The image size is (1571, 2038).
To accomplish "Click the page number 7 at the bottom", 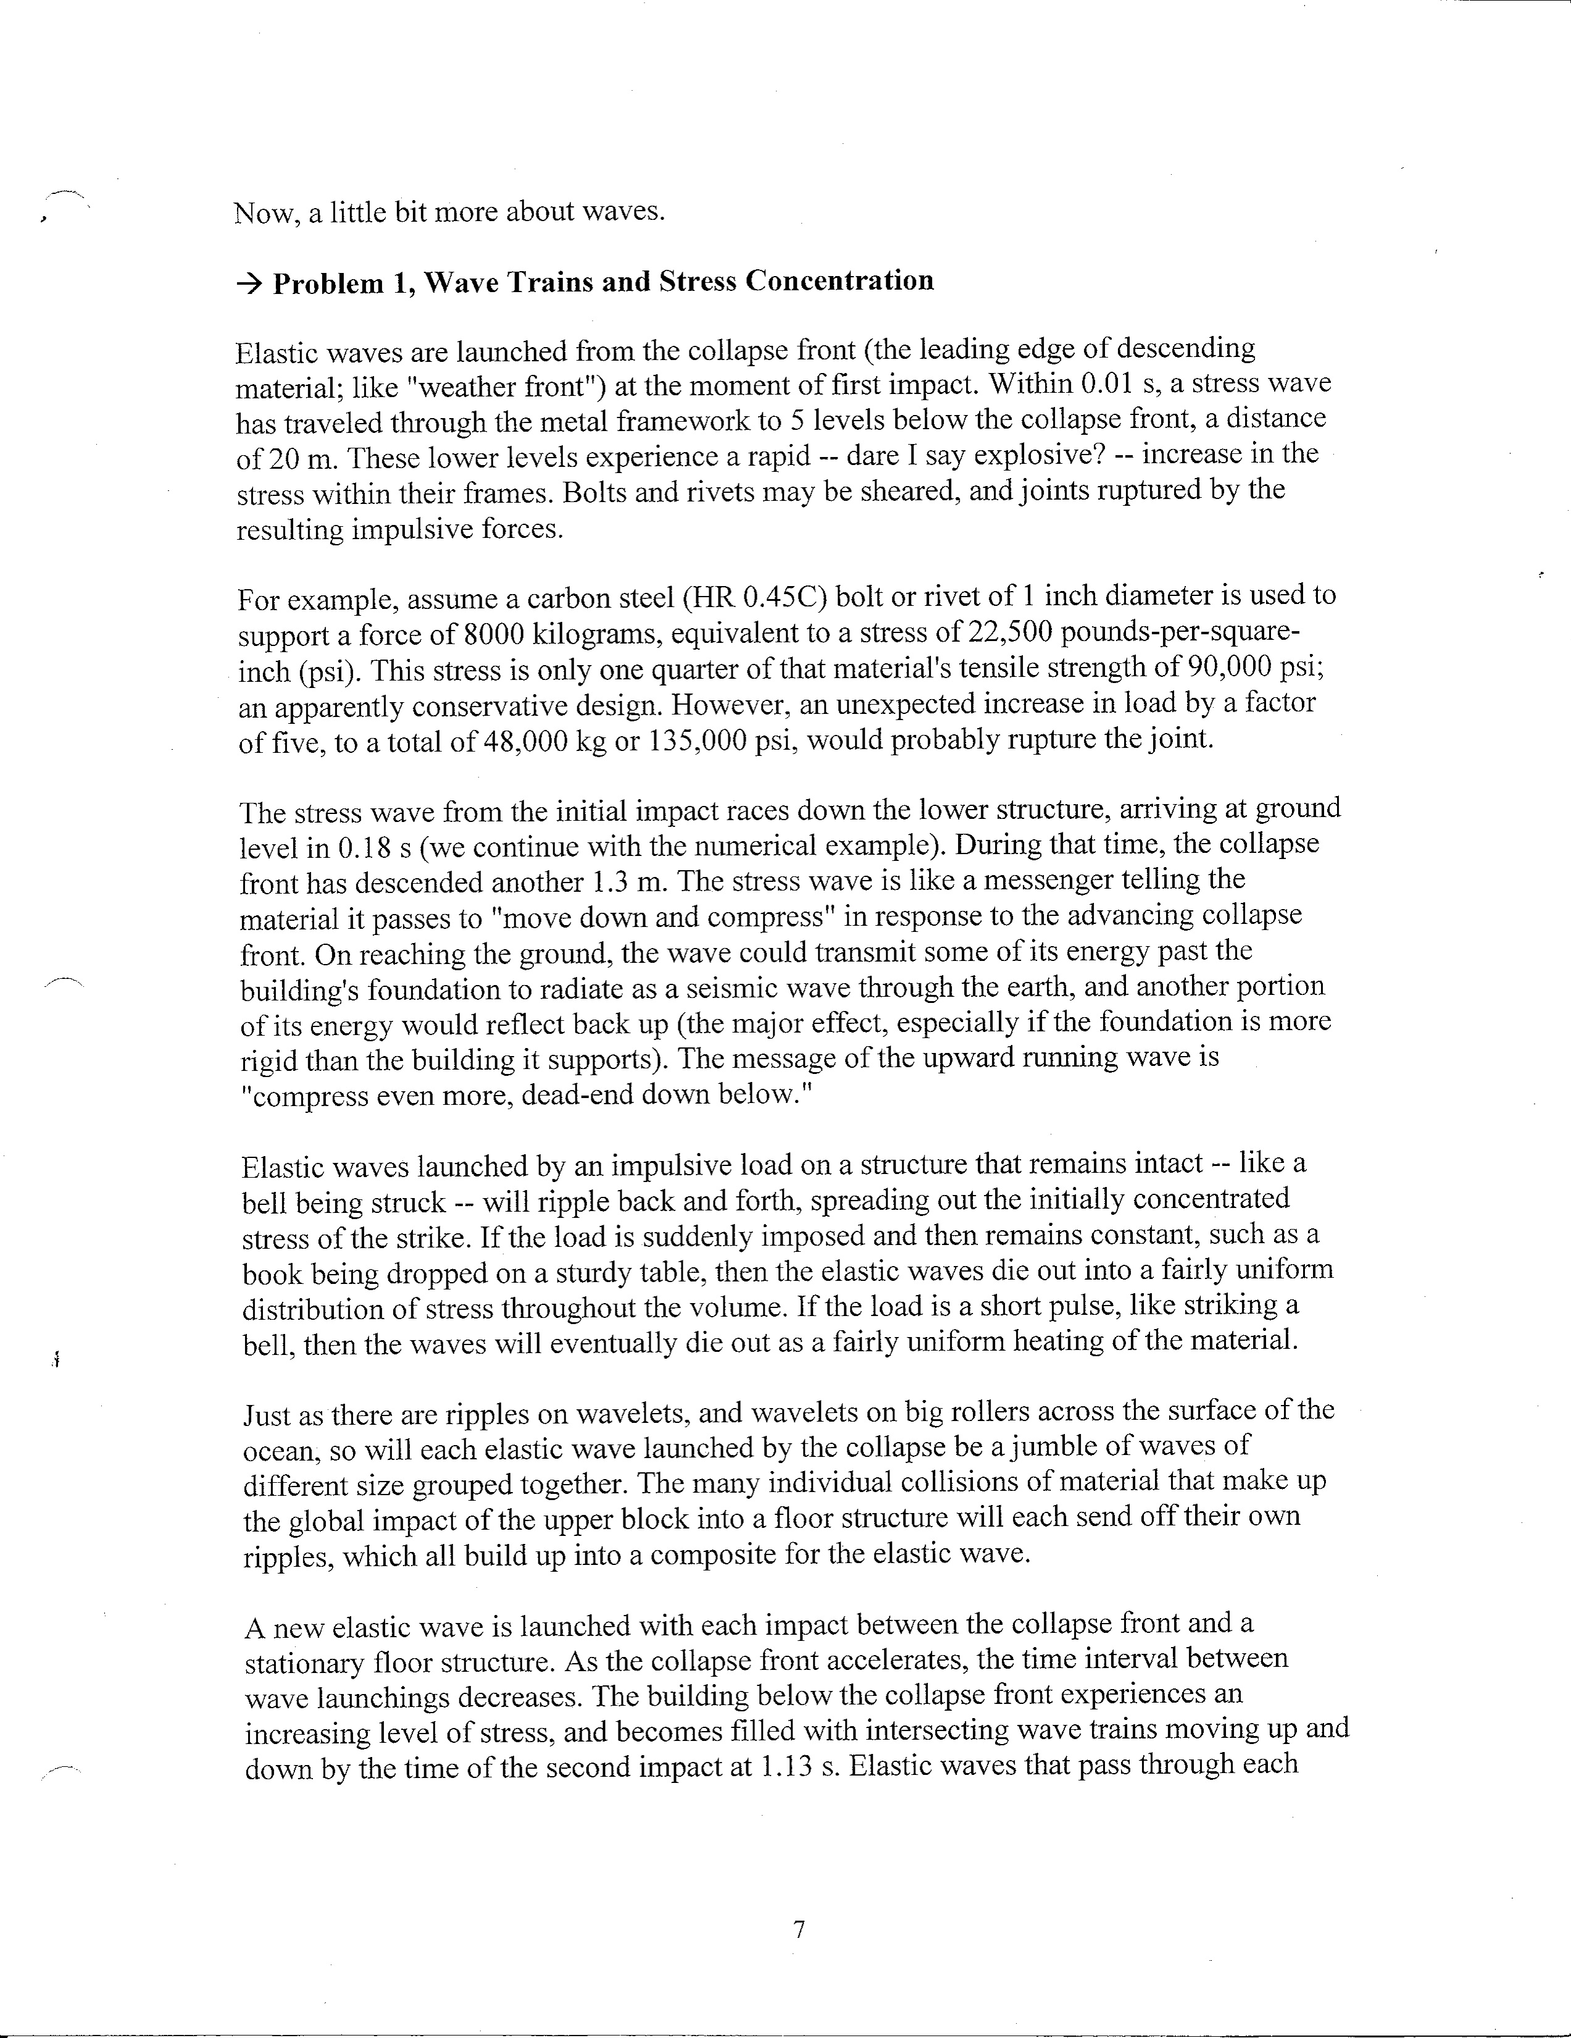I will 799,1930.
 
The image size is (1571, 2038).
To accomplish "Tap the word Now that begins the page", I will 265,214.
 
